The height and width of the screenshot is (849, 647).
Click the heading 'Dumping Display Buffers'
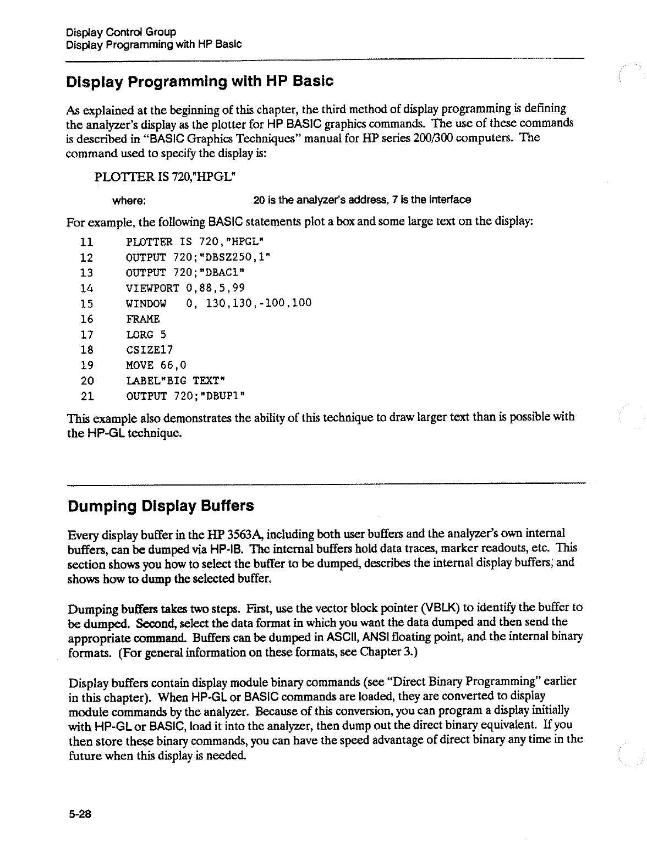click(x=160, y=506)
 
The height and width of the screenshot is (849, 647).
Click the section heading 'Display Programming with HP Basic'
click(x=200, y=82)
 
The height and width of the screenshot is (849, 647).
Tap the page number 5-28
click(x=79, y=816)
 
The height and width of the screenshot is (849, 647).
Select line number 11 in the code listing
click(x=86, y=242)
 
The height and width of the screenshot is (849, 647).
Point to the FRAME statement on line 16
click(x=143, y=319)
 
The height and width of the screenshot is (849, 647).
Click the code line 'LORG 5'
click(x=146, y=334)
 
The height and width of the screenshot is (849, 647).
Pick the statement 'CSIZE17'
click(x=150, y=350)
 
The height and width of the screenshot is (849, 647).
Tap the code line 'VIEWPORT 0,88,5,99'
click(x=185, y=288)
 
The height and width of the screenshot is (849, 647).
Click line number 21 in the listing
click(x=86, y=396)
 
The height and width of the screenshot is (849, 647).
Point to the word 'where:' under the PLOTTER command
click(x=129, y=200)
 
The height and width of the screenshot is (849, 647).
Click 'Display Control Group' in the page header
click(x=121, y=32)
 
